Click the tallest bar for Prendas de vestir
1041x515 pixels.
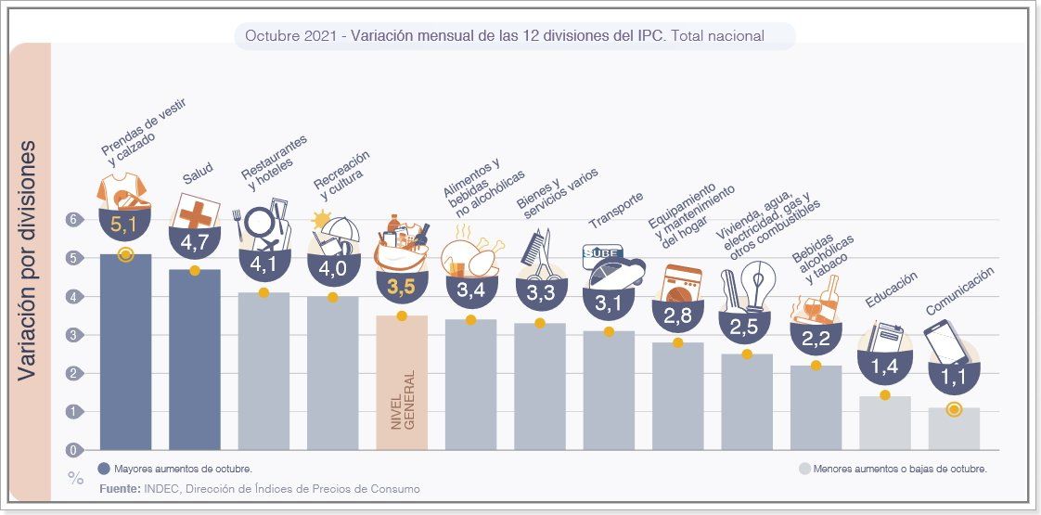(x=125, y=353)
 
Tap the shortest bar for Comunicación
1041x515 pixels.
(x=954, y=429)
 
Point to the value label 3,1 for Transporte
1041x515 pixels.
(x=609, y=303)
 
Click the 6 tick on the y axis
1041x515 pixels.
(x=71, y=220)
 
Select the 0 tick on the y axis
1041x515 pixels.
(x=71, y=450)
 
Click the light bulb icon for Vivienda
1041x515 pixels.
(x=762, y=282)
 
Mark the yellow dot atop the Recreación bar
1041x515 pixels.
(x=332, y=297)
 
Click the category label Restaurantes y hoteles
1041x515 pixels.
(x=274, y=158)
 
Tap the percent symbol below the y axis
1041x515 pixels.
(x=75, y=479)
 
